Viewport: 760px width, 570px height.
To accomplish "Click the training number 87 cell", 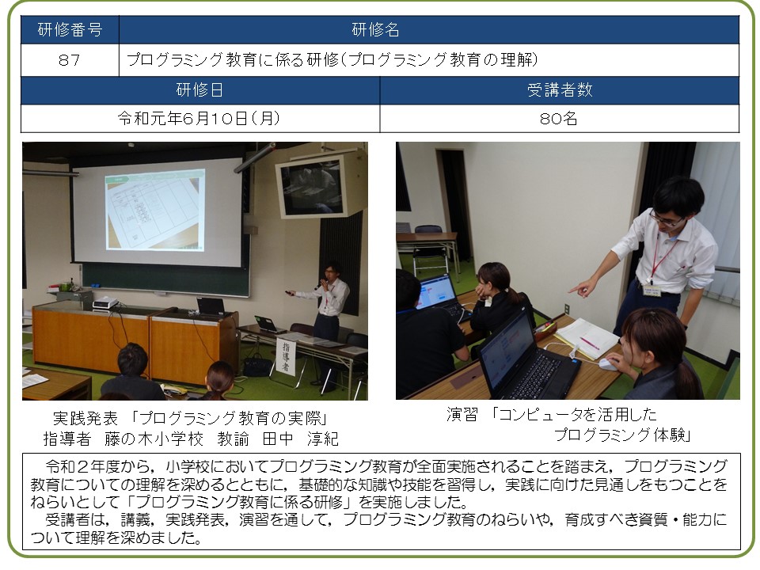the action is tap(70, 60).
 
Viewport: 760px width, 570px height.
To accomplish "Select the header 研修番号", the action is tap(70, 30).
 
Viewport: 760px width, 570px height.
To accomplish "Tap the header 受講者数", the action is tap(560, 90).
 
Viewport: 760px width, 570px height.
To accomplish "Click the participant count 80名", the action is tap(559, 119).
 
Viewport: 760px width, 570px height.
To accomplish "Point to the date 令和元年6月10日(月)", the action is tap(199, 119).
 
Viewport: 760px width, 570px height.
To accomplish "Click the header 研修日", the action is tap(199, 90).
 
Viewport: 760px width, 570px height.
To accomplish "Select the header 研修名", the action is tap(375, 30).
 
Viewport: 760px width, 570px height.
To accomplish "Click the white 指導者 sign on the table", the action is tap(286, 357).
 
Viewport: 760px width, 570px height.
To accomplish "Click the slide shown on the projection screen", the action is tap(155, 209).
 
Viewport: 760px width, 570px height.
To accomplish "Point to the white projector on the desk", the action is tap(105, 303).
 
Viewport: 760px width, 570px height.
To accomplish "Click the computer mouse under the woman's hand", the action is tap(608, 364).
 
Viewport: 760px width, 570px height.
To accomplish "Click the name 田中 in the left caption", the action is tap(278, 439).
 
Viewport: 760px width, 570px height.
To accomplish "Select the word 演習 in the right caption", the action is tap(462, 414).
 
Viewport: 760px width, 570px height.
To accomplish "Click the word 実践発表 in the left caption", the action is tap(85, 418).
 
